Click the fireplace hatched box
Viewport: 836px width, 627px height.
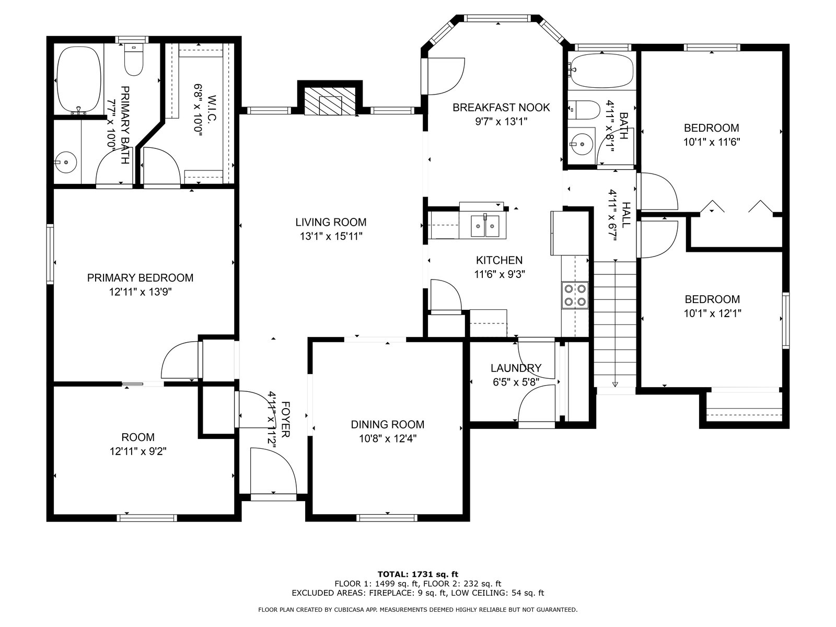(x=330, y=100)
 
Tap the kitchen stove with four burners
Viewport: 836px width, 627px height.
(x=575, y=295)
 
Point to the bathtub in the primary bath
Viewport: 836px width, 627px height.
(x=79, y=80)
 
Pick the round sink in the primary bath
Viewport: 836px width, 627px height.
(x=66, y=162)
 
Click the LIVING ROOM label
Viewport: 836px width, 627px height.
(x=331, y=222)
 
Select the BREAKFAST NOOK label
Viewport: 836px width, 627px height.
(x=501, y=108)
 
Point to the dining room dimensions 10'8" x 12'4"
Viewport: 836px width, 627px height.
(x=388, y=439)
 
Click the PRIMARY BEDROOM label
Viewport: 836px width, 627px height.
(x=140, y=278)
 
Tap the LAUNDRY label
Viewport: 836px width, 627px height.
(x=516, y=368)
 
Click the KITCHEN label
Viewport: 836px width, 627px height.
(x=500, y=260)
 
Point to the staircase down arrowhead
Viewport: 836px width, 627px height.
(x=614, y=384)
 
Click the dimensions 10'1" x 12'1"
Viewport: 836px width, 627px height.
(x=712, y=313)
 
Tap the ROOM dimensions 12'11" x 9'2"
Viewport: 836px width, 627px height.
(x=138, y=451)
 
